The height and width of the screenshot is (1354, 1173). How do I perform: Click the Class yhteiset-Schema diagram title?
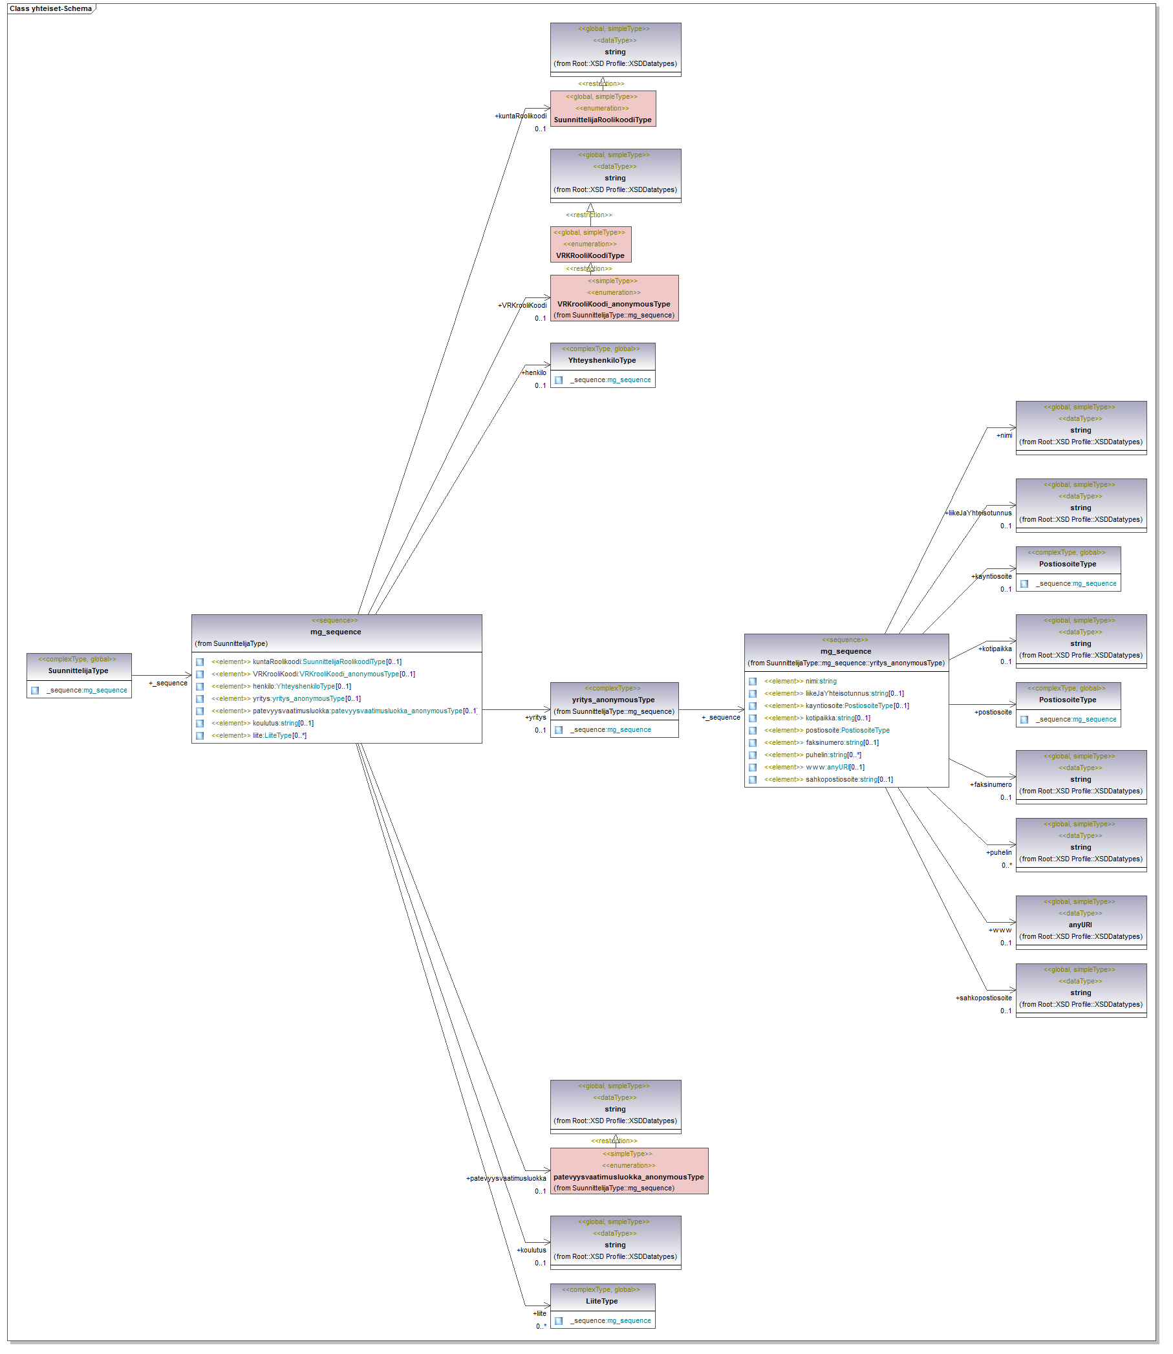coord(50,9)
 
